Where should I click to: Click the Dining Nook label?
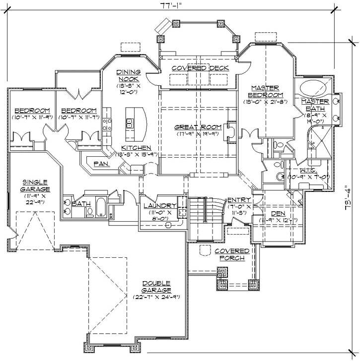tap(129, 75)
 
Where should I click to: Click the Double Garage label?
tap(156, 286)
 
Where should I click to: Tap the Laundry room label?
tap(160, 206)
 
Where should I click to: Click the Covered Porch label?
tap(232, 254)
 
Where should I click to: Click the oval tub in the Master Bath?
tap(313, 90)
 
